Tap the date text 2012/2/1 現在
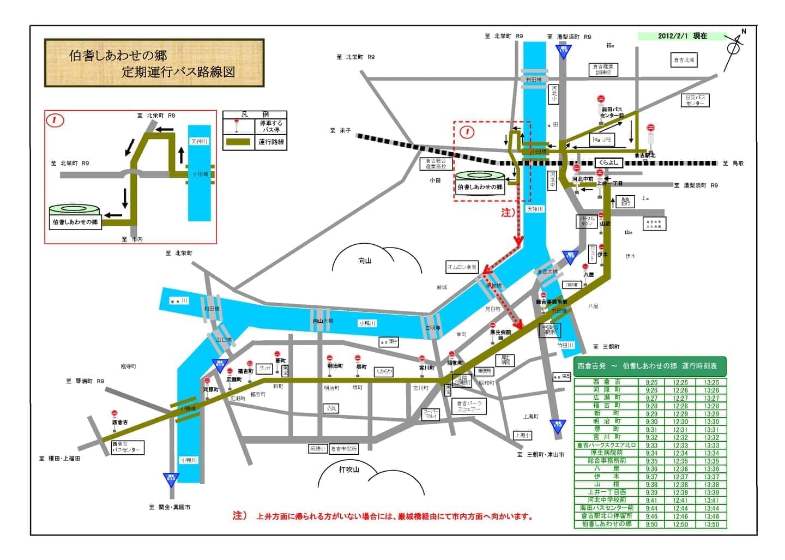tap(682, 36)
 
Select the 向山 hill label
tap(365, 261)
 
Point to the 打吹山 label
tap(349, 469)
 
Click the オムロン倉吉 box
tap(462, 267)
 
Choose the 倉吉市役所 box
tap(344, 449)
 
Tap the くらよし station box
tap(608, 162)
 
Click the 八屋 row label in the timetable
tap(607, 468)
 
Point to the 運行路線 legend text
tap(271, 142)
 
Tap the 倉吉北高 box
tap(684, 60)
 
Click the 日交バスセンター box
tap(695, 100)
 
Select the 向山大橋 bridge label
tap(323, 321)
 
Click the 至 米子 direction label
tap(340, 130)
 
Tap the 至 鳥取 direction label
tap(733, 163)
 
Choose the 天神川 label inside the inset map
tap(199, 141)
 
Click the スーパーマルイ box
tap(431, 414)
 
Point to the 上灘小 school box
tap(522, 435)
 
